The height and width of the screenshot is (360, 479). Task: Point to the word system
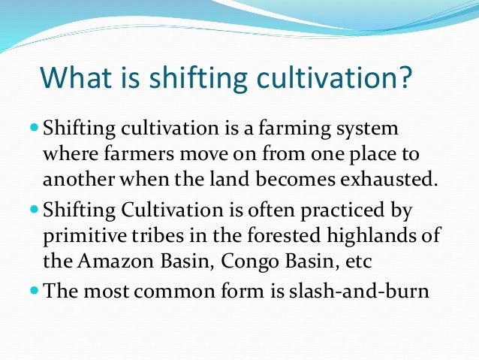tap(361, 129)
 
